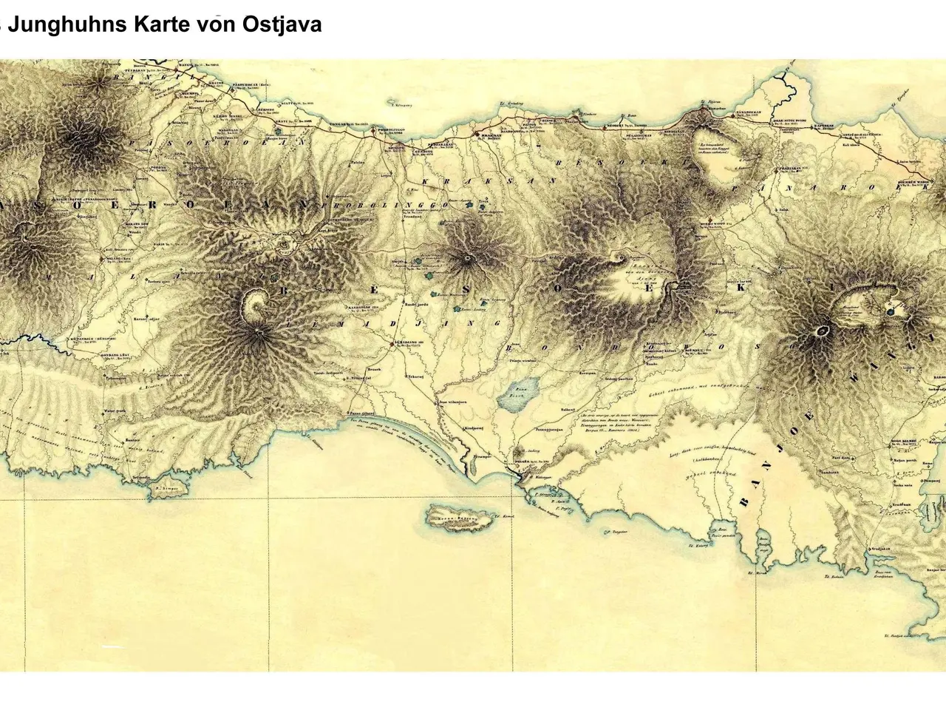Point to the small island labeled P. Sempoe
[167, 488]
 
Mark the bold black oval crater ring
[821, 331]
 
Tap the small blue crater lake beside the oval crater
[894, 311]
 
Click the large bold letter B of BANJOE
[744, 502]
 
